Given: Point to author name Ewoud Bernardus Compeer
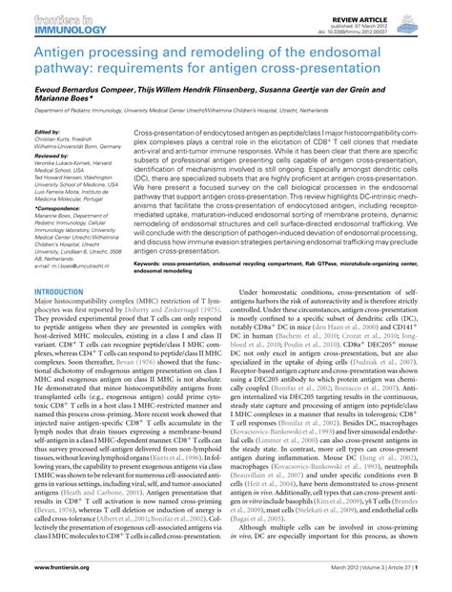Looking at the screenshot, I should point(73,88).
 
